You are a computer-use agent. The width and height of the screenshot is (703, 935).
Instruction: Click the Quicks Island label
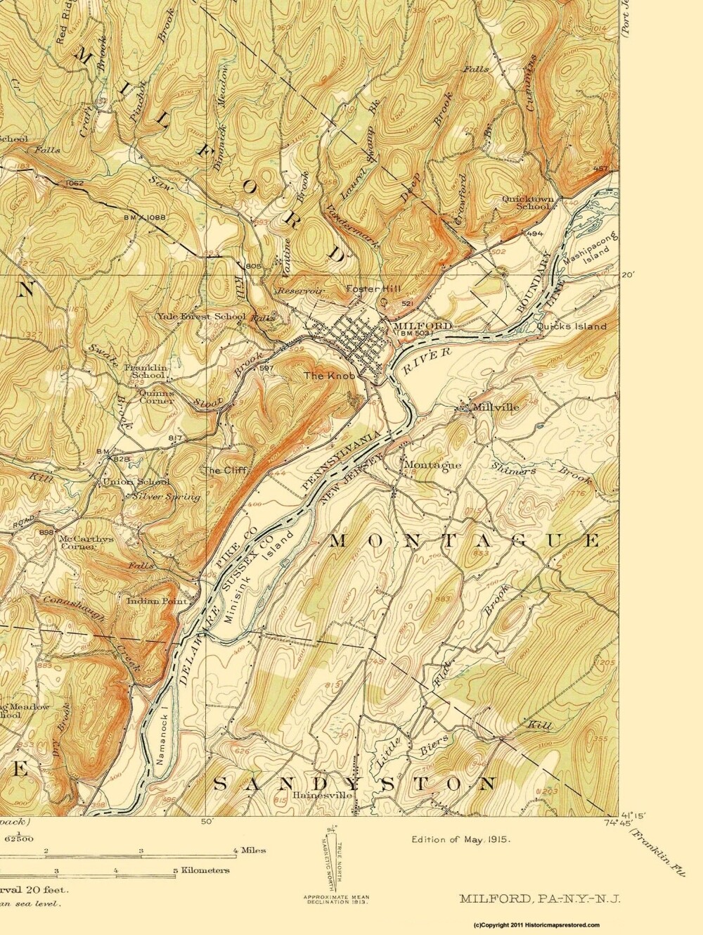click(571, 326)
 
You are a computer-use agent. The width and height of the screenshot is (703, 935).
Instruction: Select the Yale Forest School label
click(201, 317)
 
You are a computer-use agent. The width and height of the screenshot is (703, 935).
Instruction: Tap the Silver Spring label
click(165, 497)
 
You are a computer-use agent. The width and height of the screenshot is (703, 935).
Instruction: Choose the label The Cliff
click(221, 470)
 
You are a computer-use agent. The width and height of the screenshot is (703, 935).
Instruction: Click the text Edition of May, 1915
click(460, 839)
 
